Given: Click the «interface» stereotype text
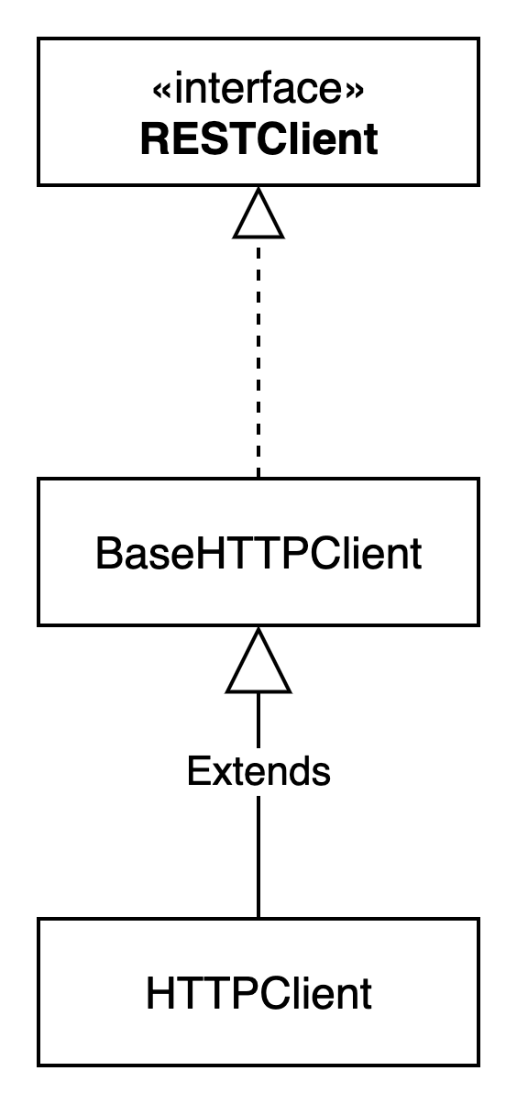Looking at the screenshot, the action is point(258,88).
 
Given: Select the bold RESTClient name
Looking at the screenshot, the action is point(259,139).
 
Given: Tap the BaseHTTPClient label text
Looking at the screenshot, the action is point(258,553).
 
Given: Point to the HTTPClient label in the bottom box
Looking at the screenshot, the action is point(258,994).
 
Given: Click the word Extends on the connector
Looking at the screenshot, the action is point(258,771).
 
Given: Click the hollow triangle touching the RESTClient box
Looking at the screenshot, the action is point(258,213).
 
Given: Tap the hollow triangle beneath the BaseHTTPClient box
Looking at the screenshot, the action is point(258,660).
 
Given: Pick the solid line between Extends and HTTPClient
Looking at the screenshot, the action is point(258,857).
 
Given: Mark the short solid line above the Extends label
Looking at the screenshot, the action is point(258,721).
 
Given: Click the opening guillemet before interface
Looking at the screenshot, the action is point(161,90).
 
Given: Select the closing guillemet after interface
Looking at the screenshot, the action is point(356,90).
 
